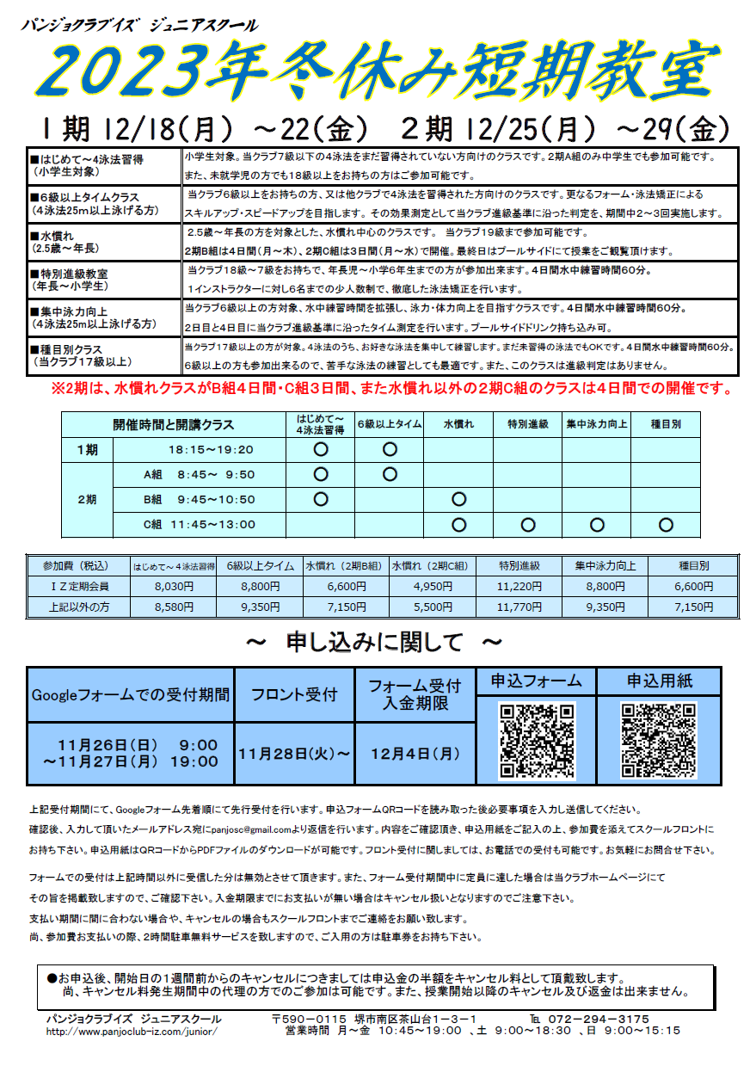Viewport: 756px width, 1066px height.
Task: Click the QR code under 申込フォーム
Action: pyautogui.click(x=538, y=742)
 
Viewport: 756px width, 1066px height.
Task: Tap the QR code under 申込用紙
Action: pyautogui.click(x=659, y=742)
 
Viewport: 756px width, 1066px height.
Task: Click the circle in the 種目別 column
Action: pyautogui.click(x=665, y=524)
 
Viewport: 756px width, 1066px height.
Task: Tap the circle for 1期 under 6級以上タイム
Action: pyautogui.click(x=390, y=448)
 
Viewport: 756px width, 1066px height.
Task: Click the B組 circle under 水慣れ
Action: pyautogui.click(x=458, y=499)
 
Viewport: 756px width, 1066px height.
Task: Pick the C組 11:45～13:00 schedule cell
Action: pyautogui.click(x=200, y=524)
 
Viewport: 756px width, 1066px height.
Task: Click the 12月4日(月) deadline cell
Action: pyautogui.click(x=415, y=753)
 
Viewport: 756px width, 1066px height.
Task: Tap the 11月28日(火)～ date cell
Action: pyautogui.click(x=294, y=753)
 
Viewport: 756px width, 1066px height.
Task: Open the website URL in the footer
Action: pyautogui.click(x=132, y=1031)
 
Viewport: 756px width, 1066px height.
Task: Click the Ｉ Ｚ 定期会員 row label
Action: pyautogui.click(x=78, y=586)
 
